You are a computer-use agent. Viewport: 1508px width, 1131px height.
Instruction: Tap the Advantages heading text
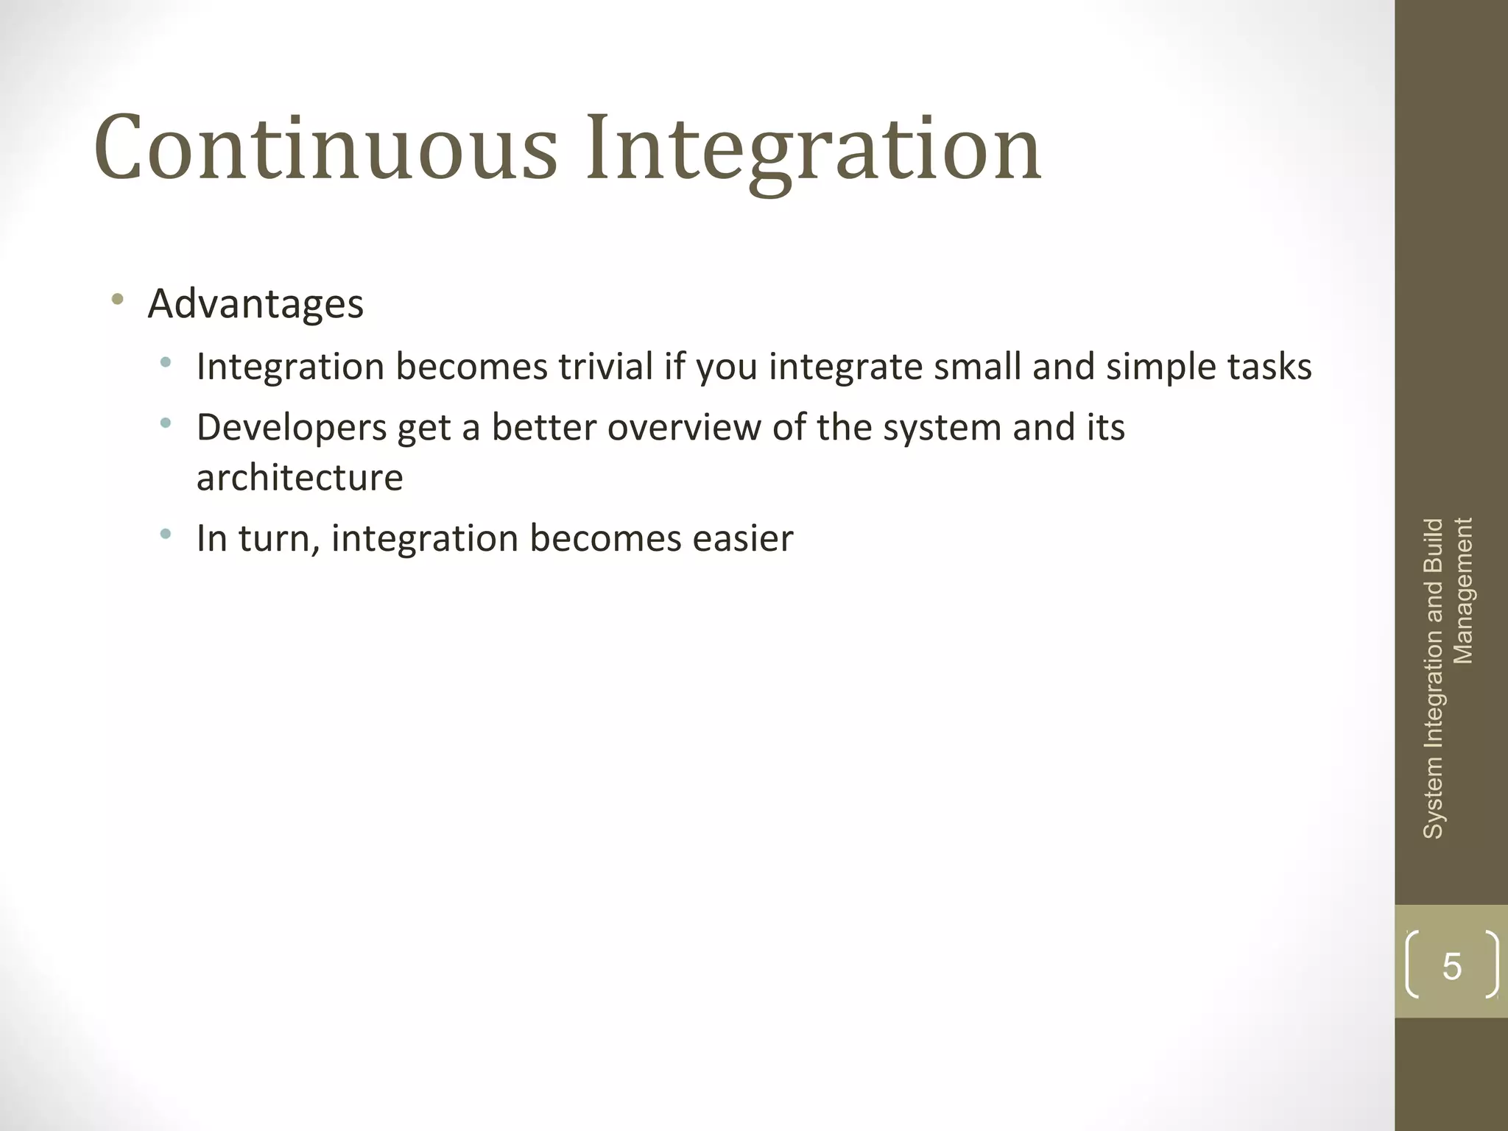point(256,303)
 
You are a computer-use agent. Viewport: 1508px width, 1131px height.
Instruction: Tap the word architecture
point(300,477)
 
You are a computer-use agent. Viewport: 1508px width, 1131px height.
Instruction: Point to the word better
point(543,428)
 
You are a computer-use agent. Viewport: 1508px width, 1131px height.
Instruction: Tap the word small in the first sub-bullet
point(977,367)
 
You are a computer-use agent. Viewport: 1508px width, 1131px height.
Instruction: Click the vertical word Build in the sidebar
point(1433,546)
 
